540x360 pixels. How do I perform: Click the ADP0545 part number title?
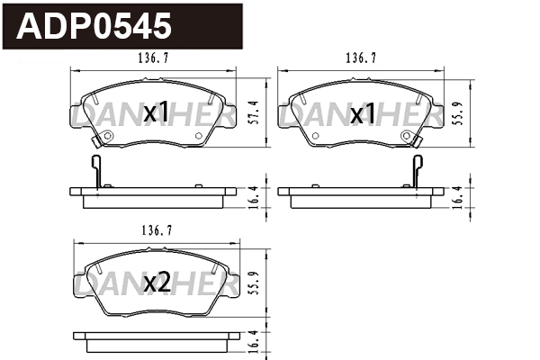point(94,26)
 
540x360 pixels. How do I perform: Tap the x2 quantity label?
point(157,283)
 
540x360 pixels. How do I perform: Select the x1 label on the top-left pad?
point(157,112)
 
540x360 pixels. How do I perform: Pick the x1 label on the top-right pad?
point(364,113)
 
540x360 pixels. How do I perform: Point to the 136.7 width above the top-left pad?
point(153,58)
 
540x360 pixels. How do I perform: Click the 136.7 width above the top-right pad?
point(361,58)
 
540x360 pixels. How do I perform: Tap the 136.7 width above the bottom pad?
point(157,230)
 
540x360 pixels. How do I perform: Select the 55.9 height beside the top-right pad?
point(458,113)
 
